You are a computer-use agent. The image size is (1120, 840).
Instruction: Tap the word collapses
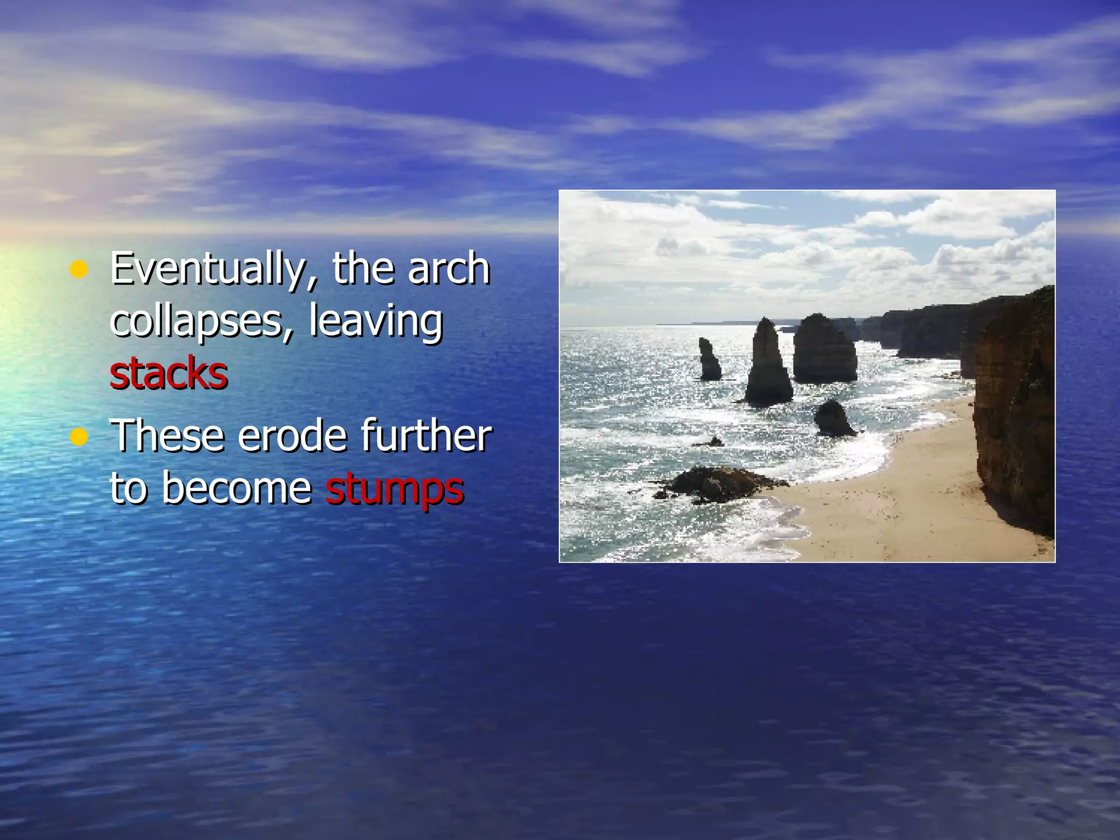(196, 322)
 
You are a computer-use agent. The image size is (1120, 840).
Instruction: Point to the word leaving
(376, 322)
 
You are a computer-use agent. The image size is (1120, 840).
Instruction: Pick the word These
(167, 435)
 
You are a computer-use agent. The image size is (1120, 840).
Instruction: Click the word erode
(292, 435)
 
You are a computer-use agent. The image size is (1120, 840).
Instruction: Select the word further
(426, 435)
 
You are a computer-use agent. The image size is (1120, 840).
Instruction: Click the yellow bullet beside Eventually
(79, 269)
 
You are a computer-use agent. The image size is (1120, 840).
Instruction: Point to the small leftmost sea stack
(709, 359)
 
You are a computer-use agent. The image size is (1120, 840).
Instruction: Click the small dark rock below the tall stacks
(833, 418)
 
